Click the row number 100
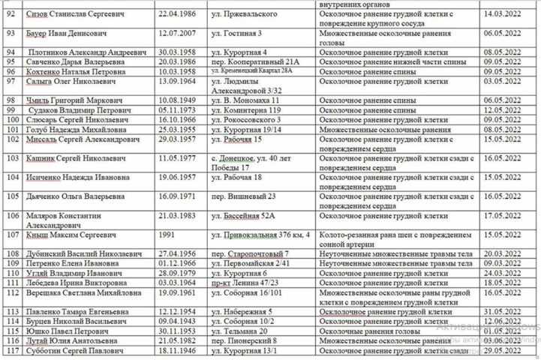[11, 119]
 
